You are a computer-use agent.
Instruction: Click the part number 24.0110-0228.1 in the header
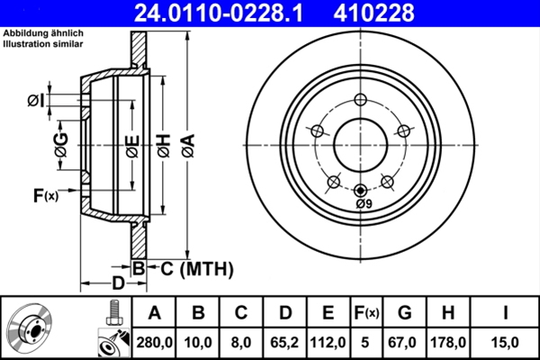pos(230,13)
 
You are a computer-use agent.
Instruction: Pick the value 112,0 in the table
pos(327,341)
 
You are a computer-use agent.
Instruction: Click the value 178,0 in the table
pos(447,341)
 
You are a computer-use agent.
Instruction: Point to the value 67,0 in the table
pos(405,341)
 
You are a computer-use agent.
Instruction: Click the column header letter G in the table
pos(405,312)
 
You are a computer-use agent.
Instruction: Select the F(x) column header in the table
pos(365,312)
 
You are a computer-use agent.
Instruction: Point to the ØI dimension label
pos(37,100)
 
